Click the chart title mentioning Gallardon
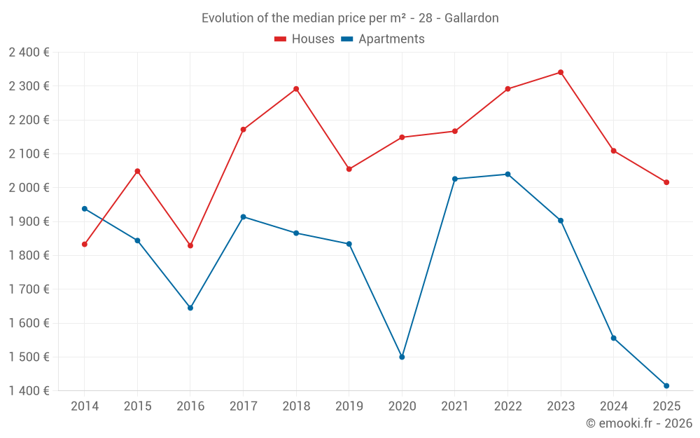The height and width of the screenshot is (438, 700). [350, 18]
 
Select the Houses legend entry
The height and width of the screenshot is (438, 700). [304, 39]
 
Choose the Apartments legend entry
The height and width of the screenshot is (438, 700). [383, 39]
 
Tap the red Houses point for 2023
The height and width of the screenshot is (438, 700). [561, 72]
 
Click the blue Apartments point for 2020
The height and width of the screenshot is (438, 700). [402, 357]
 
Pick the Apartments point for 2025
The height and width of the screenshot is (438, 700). [666, 385]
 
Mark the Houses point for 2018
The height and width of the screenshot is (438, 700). [296, 89]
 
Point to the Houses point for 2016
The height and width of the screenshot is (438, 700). [190, 245]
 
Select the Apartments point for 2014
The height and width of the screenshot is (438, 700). [85, 209]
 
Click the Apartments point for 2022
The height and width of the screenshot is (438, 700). [507, 174]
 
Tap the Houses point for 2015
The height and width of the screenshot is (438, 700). [137, 171]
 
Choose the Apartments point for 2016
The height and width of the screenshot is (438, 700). [190, 308]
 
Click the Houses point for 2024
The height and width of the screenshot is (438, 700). [613, 151]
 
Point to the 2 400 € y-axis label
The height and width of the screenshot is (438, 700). [29, 53]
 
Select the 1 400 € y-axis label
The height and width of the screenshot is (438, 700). [29, 391]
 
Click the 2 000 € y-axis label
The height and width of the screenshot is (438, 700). [29, 188]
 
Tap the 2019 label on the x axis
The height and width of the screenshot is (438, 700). [349, 406]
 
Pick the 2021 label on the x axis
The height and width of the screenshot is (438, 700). [455, 406]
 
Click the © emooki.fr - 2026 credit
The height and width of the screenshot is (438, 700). [638, 423]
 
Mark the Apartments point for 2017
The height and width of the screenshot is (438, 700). [243, 217]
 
